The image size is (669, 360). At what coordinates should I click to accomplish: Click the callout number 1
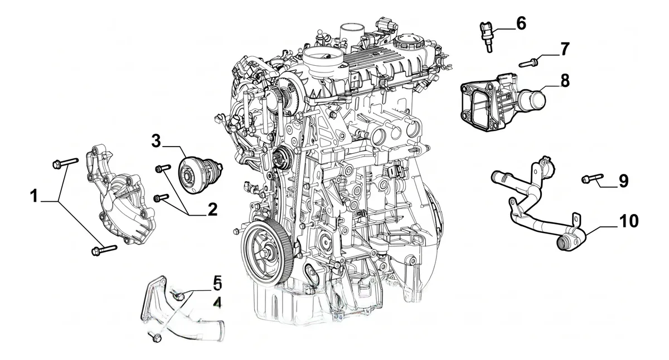point(35,196)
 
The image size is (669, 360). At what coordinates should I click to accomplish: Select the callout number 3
point(156,141)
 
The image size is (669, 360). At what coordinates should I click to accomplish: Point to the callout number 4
point(218,304)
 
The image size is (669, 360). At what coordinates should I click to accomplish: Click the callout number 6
point(521,23)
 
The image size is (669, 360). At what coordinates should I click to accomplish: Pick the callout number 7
point(564,49)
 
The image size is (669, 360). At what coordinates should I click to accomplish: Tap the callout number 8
point(564,81)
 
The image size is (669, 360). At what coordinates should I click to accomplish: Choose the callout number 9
point(623,181)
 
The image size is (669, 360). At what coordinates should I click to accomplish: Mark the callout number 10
point(628,221)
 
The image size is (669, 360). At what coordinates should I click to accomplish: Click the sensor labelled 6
point(487,36)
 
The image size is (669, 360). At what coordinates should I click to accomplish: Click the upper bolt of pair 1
point(65,163)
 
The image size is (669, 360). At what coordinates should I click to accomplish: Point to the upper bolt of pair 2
point(163,168)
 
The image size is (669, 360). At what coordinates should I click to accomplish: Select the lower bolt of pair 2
point(161,198)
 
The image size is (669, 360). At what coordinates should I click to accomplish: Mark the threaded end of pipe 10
point(564,242)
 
